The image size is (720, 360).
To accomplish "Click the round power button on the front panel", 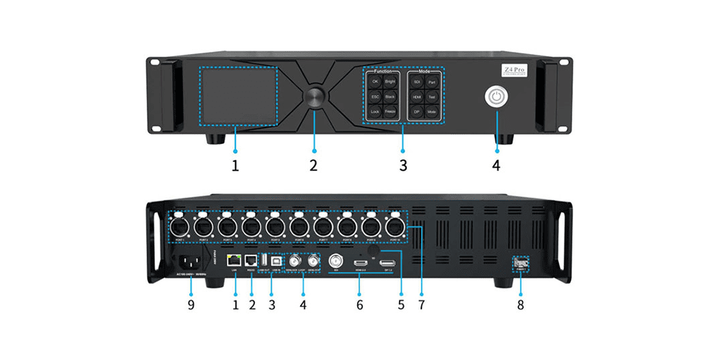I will click(x=496, y=96).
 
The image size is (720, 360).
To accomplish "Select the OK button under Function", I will click(x=374, y=82).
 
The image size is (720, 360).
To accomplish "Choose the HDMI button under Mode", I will click(x=417, y=96).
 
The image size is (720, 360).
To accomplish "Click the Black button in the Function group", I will click(x=390, y=96).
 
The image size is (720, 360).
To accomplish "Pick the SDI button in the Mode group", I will click(x=417, y=82).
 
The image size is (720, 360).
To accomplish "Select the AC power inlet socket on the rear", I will click(x=189, y=264).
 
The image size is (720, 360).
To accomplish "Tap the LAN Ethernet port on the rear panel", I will click(x=234, y=259).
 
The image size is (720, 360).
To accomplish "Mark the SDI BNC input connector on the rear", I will click(x=335, y=262).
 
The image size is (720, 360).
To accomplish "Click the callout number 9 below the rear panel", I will click(x=190, y=305).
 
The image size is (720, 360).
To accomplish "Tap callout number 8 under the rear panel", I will click(x=520, y=305).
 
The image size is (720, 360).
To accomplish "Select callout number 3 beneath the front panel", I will click(x=403, y=165).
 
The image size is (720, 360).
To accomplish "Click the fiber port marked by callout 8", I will click(x=520, y=264).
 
